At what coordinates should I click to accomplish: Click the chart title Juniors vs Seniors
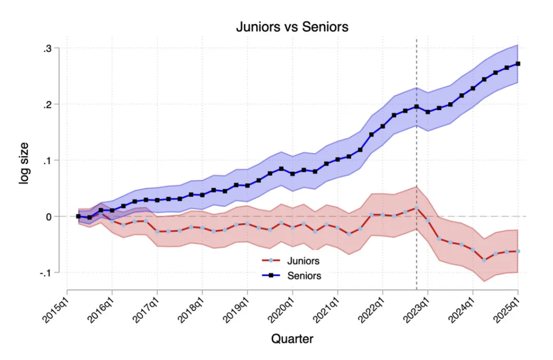pyautogui.click(x=291, y=27)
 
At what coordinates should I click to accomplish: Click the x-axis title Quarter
pyautogui.click(x=292, y=339)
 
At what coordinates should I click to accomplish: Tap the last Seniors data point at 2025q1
pyautogui.click(x=518, y=64)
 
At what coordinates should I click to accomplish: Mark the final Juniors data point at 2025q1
pyautogui.click(x=518, y=251)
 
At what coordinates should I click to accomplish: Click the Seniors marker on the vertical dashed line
pyautogui.click(x=416, y=106)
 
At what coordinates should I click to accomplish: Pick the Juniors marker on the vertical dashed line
pyautogui.click(x=416, y=208)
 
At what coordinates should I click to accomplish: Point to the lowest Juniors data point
pyautogui.click(x=484, y=260)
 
